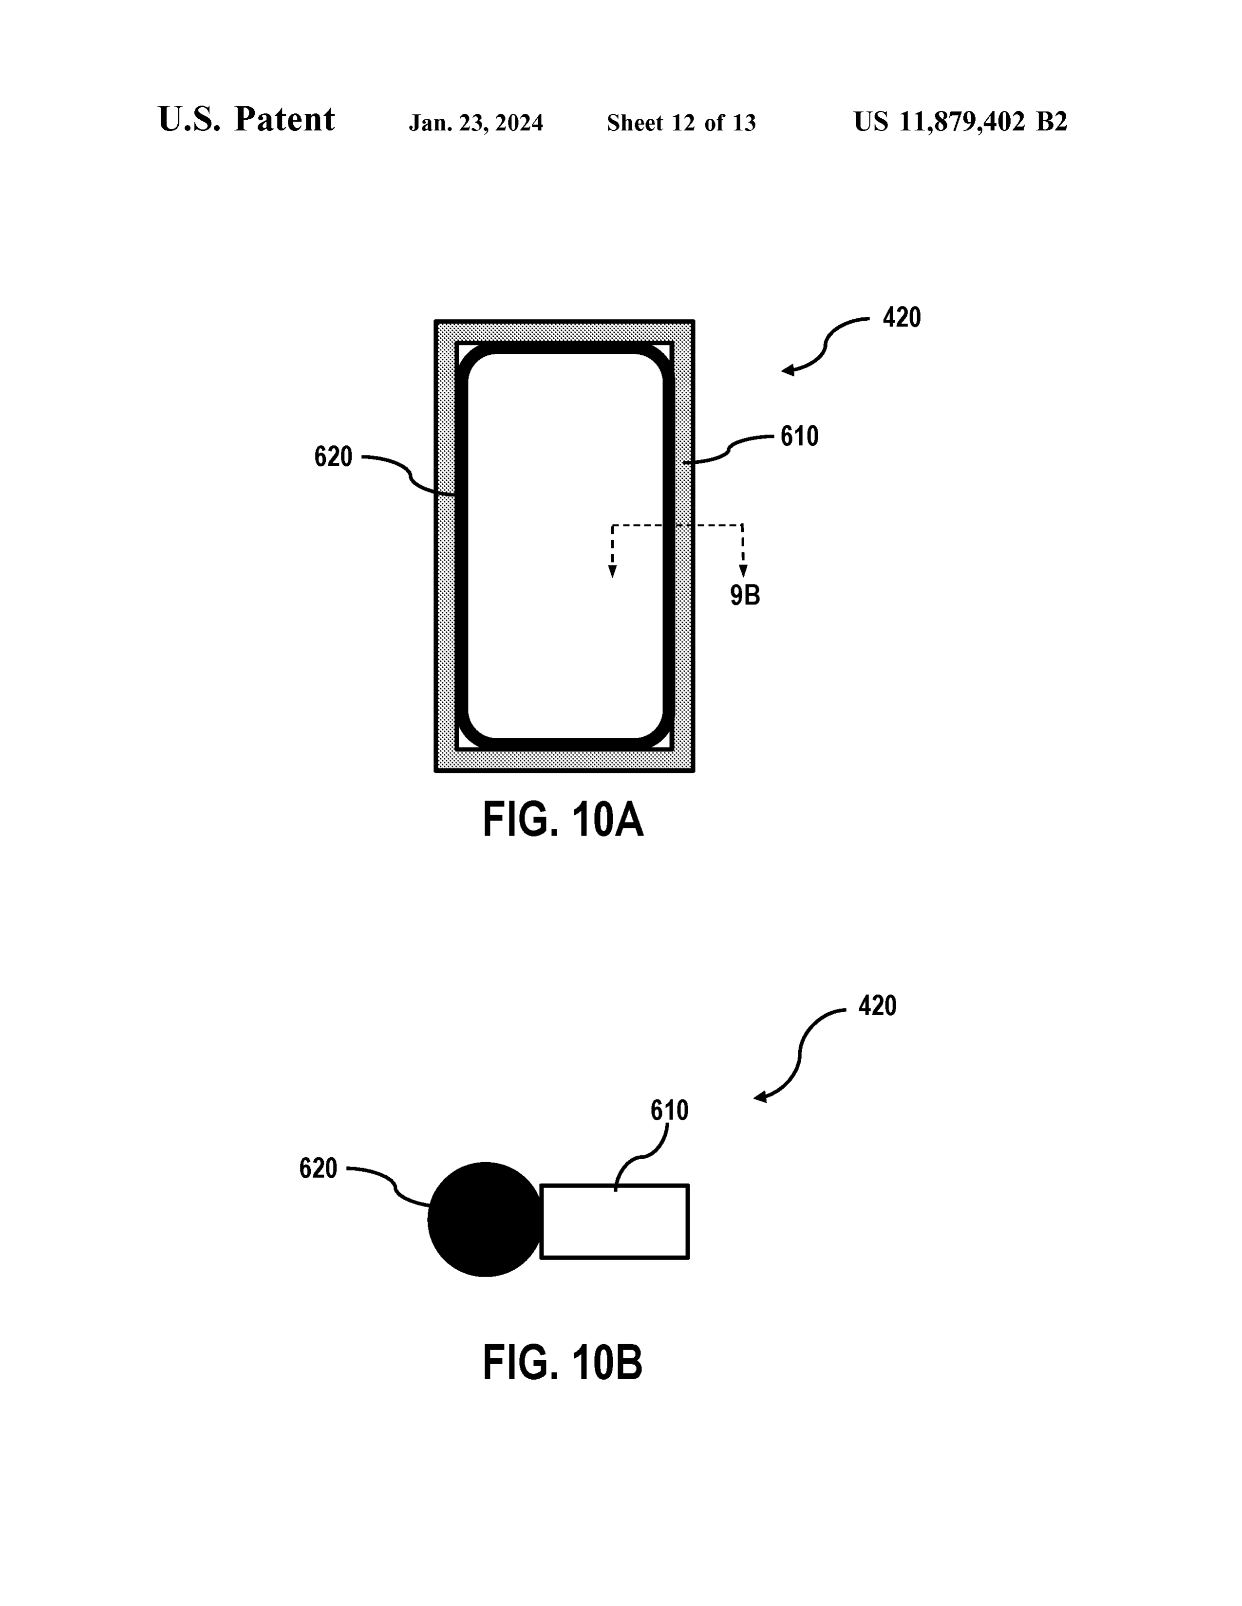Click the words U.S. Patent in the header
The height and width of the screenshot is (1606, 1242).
point(246,119)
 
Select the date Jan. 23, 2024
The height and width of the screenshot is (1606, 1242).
point(476,123)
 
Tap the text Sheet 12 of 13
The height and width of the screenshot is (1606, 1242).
point(681,123)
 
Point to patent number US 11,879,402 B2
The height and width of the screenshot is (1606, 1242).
point(960,121)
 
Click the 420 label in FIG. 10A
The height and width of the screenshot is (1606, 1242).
point(902,318)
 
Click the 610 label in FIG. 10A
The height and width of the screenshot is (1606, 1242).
point(799,437)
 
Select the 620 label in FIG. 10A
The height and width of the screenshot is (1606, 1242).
point(333,457)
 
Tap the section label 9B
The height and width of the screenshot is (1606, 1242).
point(745,595)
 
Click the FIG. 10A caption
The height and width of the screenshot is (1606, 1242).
point(563,820)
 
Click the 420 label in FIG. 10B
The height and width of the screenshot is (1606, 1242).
point(877,1006)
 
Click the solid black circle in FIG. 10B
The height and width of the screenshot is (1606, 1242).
point(486,1219)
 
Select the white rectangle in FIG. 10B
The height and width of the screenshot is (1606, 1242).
point(614,1222)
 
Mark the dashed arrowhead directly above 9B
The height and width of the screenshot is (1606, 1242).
point(743,571)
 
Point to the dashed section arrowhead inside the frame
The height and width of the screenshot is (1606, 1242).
point(612,571)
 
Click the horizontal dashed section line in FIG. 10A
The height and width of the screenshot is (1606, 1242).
point(677,526)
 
